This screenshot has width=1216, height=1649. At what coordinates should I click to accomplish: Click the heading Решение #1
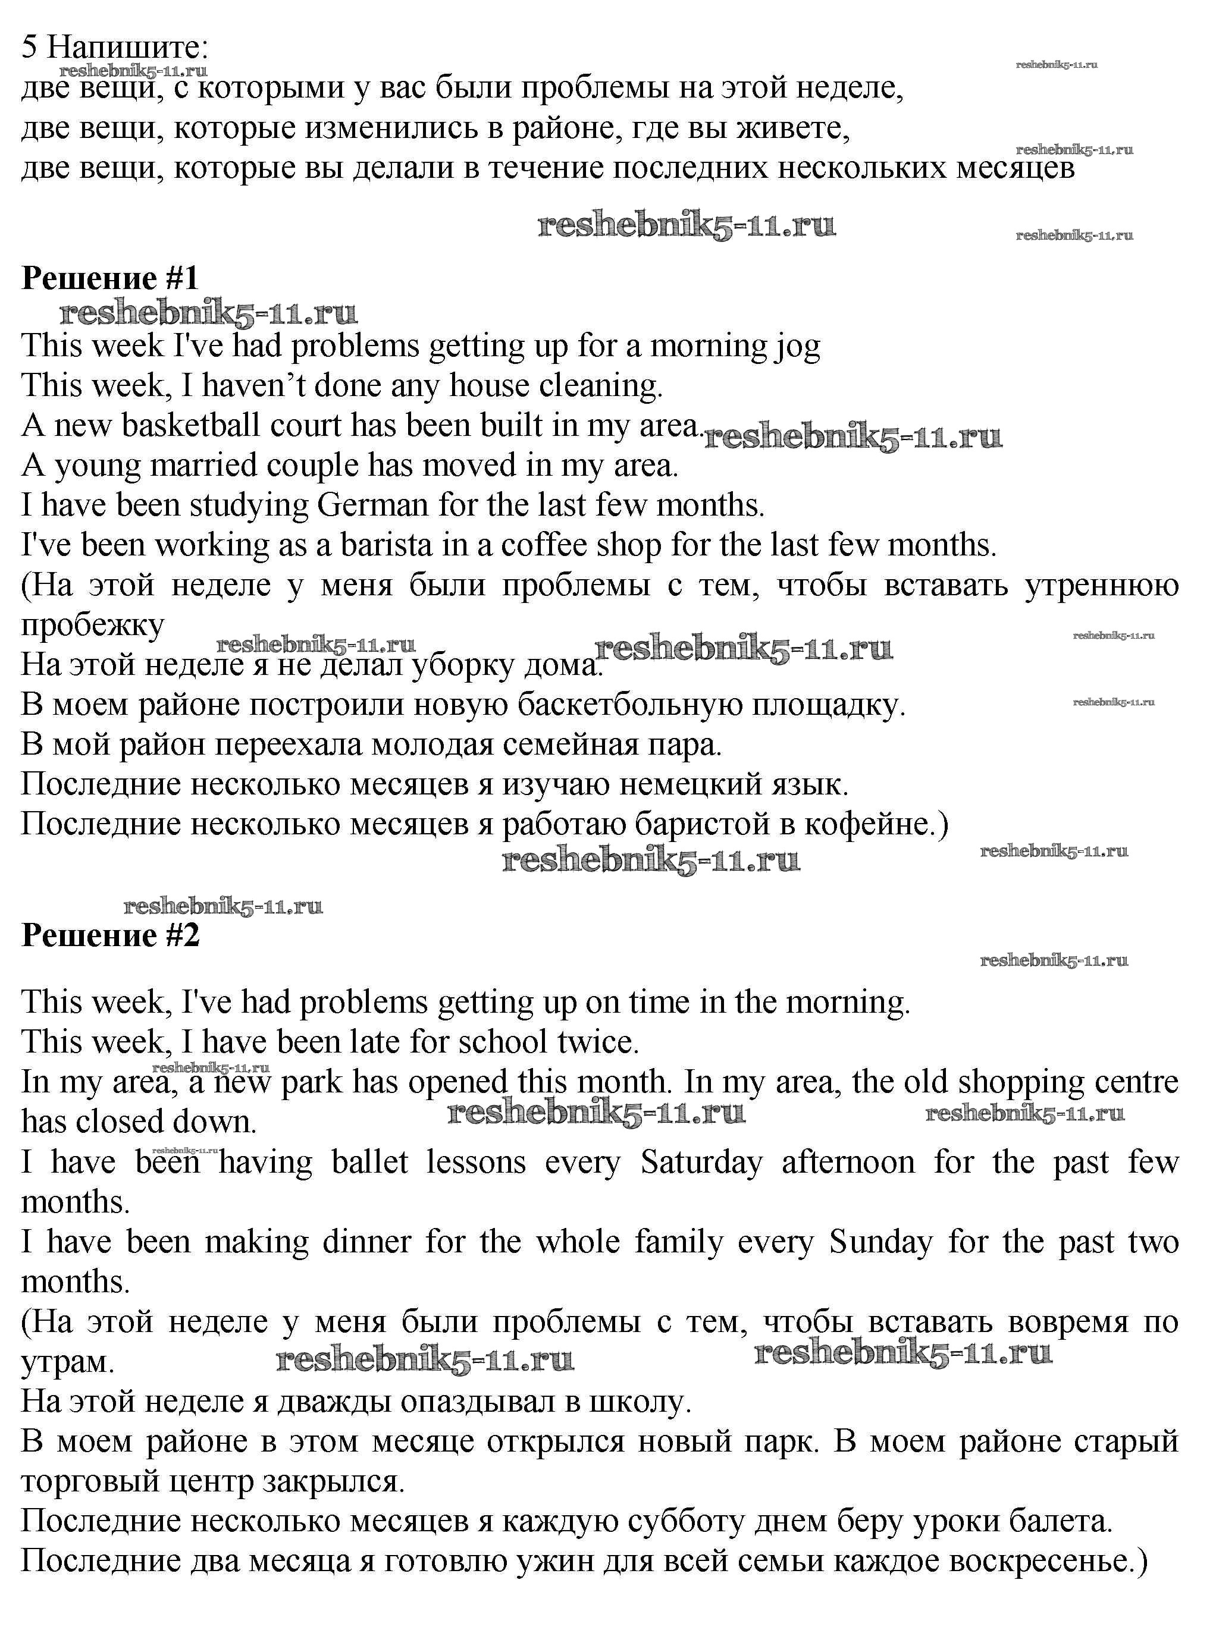(x=111, y=278)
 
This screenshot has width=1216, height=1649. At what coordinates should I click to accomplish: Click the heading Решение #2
(x=111, y=935)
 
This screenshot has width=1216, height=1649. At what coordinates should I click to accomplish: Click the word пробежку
(x=93, y=626)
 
